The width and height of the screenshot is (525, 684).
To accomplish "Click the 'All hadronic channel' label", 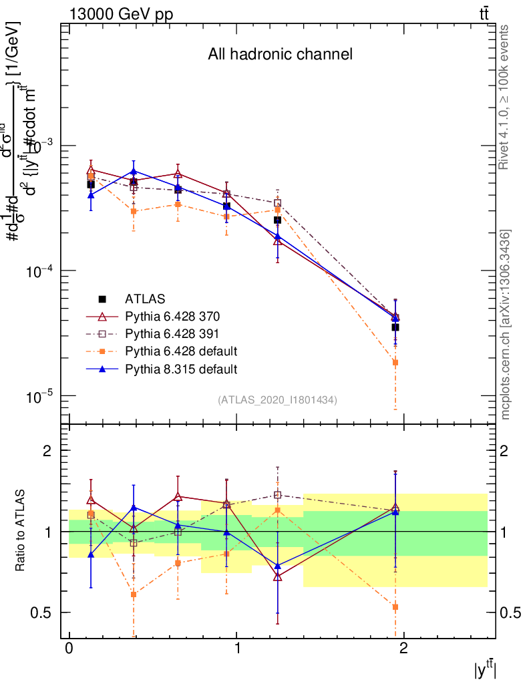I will click(280, 55).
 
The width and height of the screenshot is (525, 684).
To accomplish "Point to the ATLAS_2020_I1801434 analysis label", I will click(277, 400).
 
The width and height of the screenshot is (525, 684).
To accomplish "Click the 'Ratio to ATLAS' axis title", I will click(21, 531).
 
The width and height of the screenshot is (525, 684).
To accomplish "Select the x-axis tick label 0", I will click(69, 649).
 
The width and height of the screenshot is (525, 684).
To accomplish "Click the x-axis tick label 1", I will click(236, 649).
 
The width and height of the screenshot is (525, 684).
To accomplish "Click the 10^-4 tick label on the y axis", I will click(38, 270).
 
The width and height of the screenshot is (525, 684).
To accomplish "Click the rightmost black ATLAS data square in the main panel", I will click(395, 327).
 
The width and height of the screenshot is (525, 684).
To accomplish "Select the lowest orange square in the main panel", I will click(395, 363).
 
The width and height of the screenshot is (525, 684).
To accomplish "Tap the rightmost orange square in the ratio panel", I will click(395, 607).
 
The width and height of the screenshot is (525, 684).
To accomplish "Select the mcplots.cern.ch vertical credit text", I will click(505, 325).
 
